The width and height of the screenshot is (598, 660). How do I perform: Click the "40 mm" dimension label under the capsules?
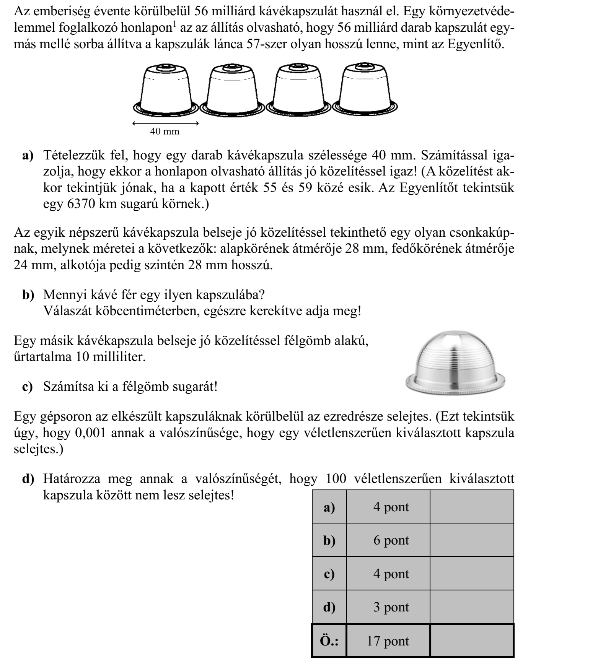pyautogui.click(x=165, y=132)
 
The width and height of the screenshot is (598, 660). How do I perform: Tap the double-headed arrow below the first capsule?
pyautogui.click(x=165, y=124)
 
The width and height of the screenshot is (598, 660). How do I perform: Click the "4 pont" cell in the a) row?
pyautogui.click(x=391, y=507)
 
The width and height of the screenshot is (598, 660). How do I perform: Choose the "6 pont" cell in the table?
pyautogui.click(x=391, y=540)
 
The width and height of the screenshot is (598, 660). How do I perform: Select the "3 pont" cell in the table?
pyautogui.click(x=391, y=607)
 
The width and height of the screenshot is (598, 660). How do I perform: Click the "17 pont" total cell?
pyautogui.click(x=388, y=641)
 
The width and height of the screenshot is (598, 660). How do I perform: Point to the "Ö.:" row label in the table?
pyautogui.click(x=329, y=641)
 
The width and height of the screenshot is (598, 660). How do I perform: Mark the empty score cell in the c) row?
pyautogui.click(x=472, y=574)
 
